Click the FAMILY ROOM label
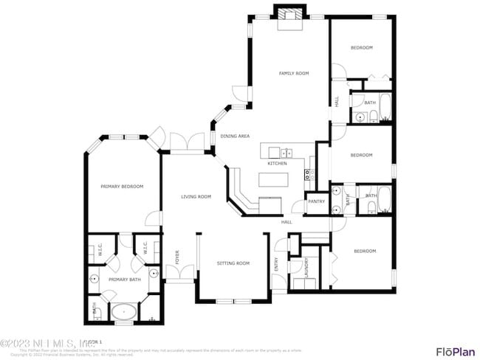point(293,73)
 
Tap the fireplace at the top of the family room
point(288,17)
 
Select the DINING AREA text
point(235,136)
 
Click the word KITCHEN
point(277,163)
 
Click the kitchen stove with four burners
point(310,175)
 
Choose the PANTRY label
point(316,201)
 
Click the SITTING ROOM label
point(233,263)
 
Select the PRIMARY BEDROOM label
point(122,187)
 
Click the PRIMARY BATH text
point(124,280)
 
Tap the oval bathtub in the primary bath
point(123,313)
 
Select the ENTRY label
point(276,263)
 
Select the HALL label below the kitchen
point(287,222)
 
